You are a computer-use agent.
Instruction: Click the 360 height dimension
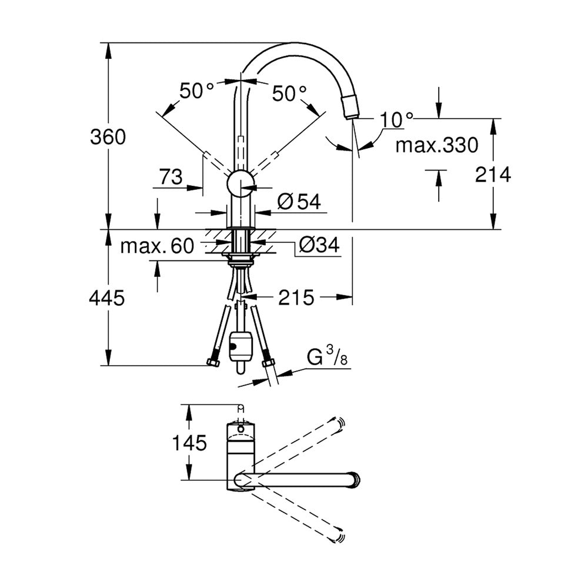click(108, 137)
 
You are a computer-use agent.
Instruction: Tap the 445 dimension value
click(107, 298)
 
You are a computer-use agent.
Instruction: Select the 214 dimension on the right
click(493, 175)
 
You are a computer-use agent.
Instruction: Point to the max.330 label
click(437, 145)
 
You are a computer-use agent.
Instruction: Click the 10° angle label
click(396, 119)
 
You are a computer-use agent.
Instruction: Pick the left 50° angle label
click(196, 91)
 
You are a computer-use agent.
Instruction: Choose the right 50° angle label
click(289, 93)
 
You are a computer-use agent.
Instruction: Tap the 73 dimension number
click(171, 176)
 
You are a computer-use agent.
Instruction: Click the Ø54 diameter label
click(299, 202)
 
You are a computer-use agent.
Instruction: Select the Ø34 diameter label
click(319, 245)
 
